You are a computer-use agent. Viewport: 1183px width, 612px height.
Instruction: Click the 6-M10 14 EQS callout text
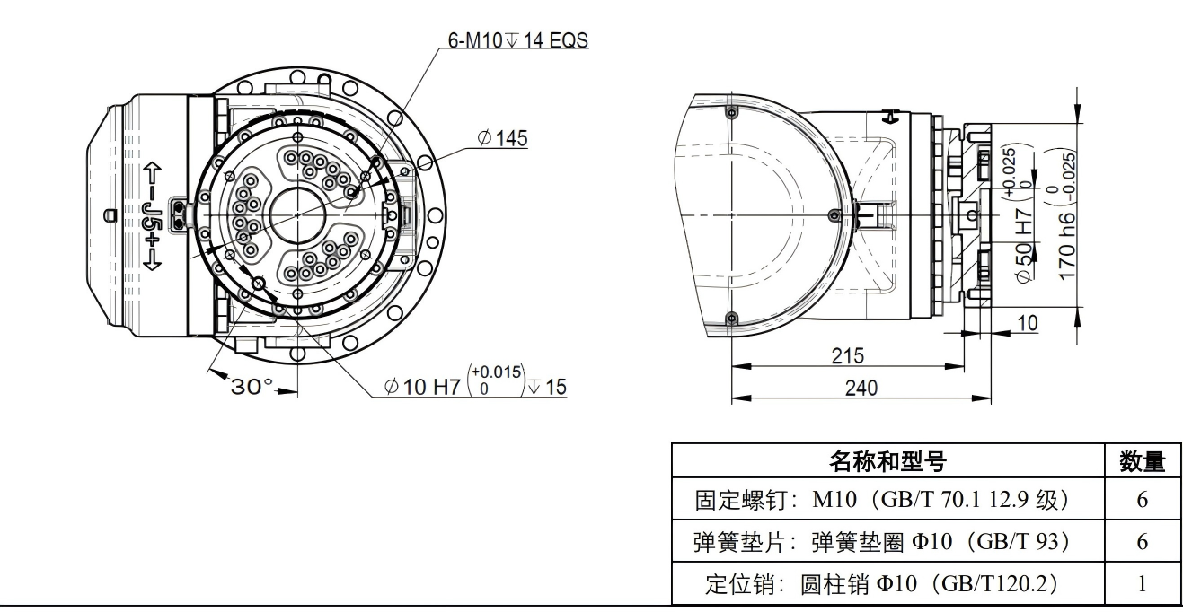pos(518,40)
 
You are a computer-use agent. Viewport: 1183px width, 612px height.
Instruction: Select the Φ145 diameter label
pos(502,138)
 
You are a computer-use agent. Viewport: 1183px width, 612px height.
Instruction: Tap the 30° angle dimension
pos(252,387)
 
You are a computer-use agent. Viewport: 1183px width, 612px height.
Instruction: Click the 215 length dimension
pos(848,356)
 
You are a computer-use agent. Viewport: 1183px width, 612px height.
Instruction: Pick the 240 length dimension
pos(861,389)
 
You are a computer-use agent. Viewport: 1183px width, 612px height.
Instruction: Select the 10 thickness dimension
pos(1028,323)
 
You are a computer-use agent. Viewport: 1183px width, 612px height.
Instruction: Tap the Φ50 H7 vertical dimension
pos(1017,215)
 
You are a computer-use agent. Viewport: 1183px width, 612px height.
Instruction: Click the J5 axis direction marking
pos(153,216)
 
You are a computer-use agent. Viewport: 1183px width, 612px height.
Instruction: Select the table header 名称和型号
pos(887,461)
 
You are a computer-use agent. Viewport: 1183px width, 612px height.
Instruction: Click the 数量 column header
pos(1143,461)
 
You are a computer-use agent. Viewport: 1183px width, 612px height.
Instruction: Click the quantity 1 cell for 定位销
pos(1143,583)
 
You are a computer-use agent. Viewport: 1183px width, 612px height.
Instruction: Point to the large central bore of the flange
pos(296,215)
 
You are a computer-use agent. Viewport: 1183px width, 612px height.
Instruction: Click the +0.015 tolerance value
pos(497,372)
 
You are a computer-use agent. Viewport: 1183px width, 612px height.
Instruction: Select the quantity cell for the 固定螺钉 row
pos(1143,499)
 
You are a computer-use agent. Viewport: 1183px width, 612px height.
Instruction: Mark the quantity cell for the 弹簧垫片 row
pos(1143,541)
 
